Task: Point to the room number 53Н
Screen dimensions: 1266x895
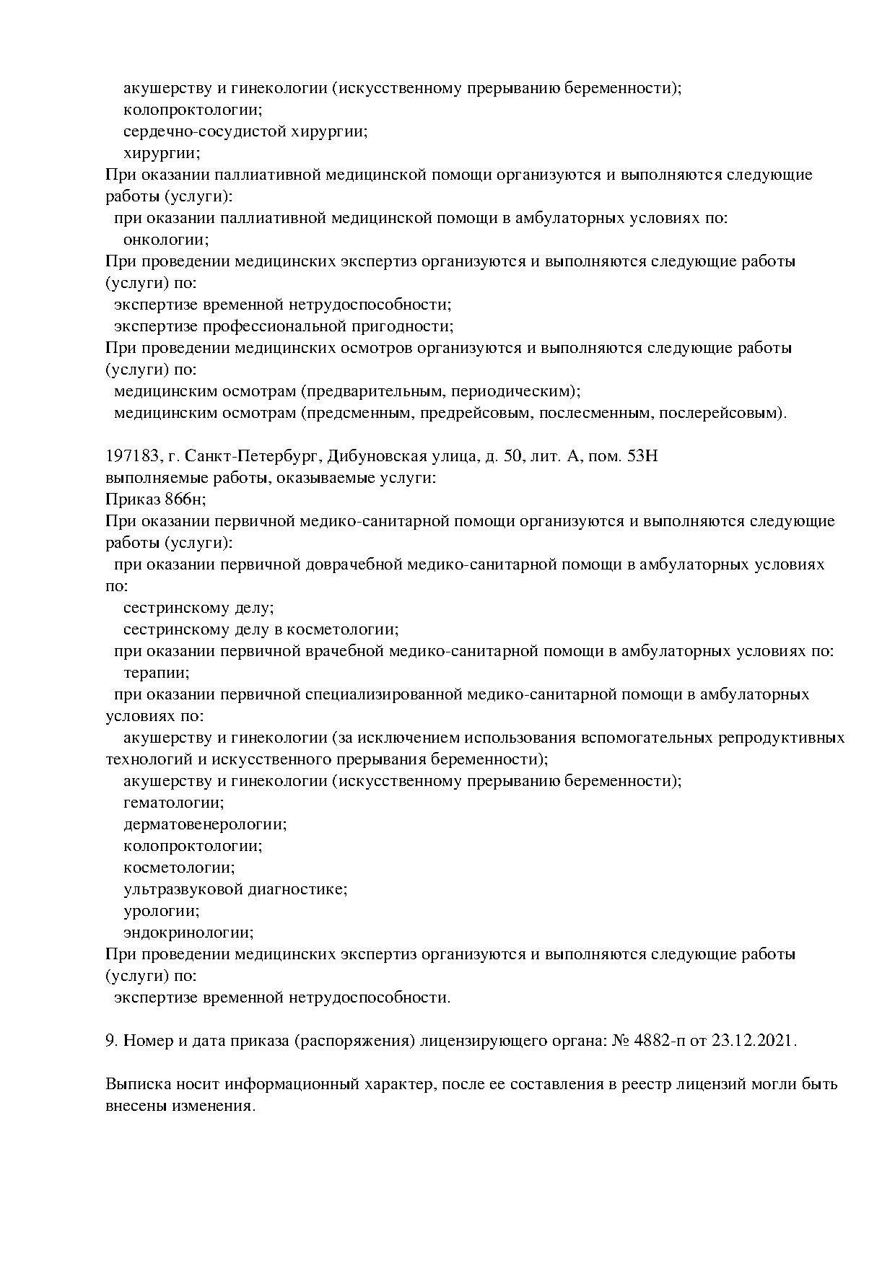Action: [643, 456]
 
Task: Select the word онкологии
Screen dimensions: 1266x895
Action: [165, 240]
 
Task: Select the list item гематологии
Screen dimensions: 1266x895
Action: [173, 803]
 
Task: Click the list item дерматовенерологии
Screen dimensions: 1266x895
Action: [205, 824]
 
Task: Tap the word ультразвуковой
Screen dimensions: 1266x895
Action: [183, 889]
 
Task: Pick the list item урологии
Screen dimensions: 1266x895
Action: [161, 911]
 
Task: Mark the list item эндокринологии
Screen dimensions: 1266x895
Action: [188, 933]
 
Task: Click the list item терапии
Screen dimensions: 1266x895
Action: [156, 673]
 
